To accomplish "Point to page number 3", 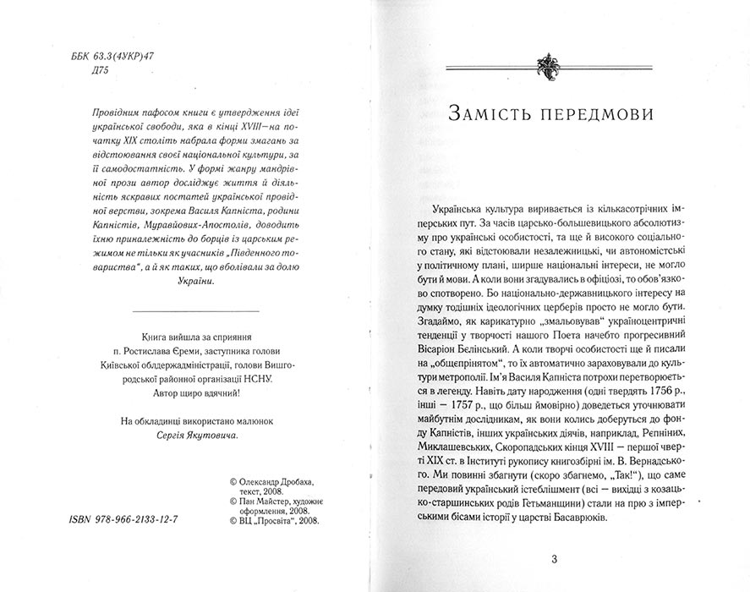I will [554, 559].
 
